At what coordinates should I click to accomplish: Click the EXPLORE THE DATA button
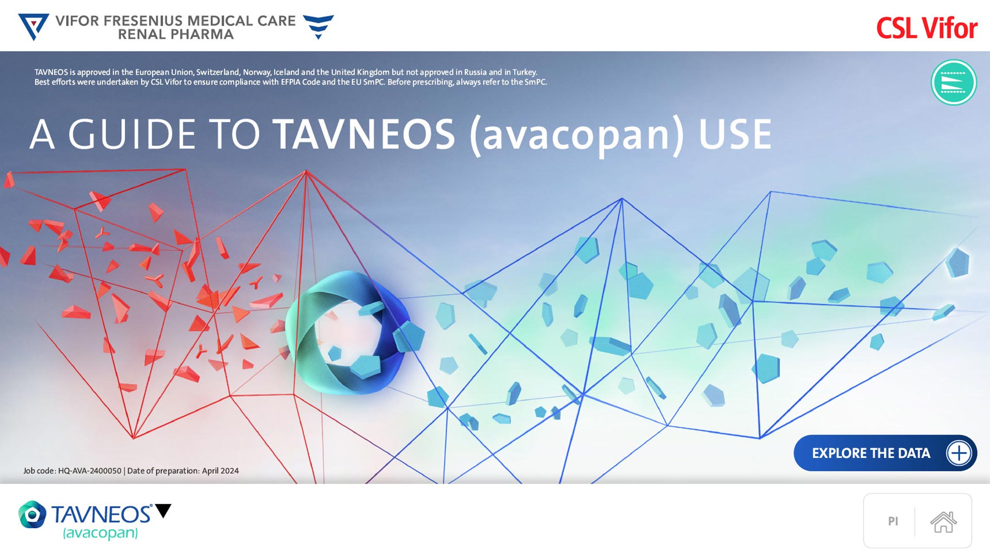click(x=885, y=453)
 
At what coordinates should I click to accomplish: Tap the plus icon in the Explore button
click(x=959, y=453)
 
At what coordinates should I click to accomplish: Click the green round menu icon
click(x=953, y=83)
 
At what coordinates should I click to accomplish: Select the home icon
click(x=943, y=521)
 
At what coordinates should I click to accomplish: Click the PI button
click(x=893, y=521)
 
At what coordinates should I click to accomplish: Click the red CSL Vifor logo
click(x=927, y=28)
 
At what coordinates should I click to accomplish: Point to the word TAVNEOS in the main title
click(x=364, y=134)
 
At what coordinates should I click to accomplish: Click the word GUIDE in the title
click(x=132, y=134)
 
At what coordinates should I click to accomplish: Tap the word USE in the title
click(x=735, y=134)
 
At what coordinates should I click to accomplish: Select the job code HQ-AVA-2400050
click(x=90, y=471)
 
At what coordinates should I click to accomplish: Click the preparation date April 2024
click(x=220, y=471)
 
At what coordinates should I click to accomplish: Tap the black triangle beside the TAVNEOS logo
click(x=163, y=510)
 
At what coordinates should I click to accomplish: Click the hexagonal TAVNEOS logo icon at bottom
click(x=32, y=514)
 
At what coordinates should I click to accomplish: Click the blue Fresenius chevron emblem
click(x=318, y=27)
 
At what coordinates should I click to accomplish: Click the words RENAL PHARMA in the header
click(x=176, y=35)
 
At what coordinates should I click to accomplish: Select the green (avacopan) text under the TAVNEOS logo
click(x=101, y=533)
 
